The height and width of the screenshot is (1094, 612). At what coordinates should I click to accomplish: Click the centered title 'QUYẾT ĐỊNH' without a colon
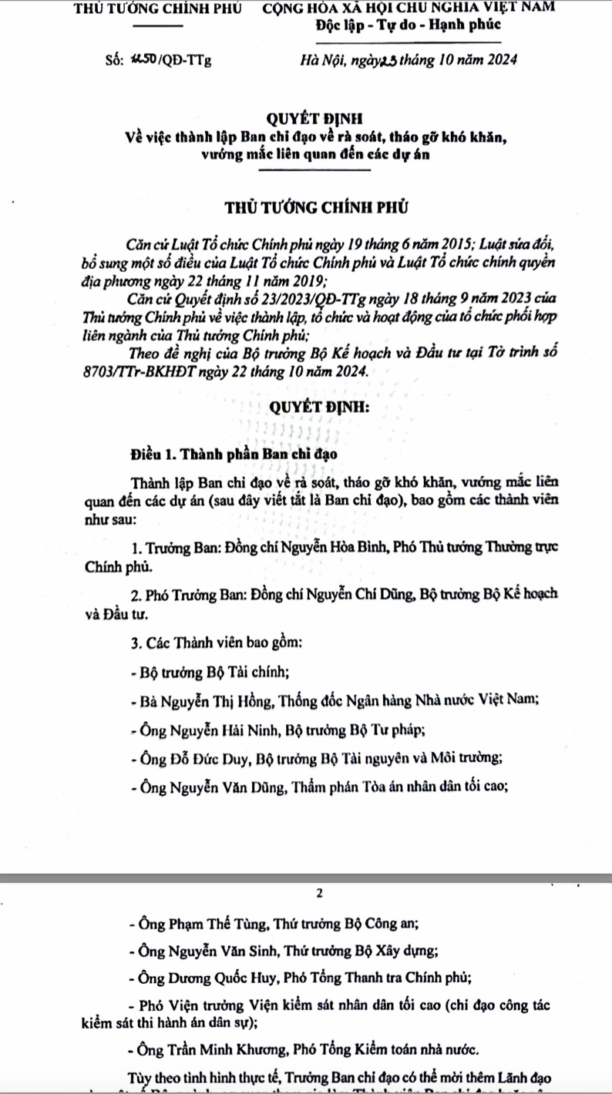(308, 119)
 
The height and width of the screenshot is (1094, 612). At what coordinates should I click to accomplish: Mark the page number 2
(319, 894)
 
